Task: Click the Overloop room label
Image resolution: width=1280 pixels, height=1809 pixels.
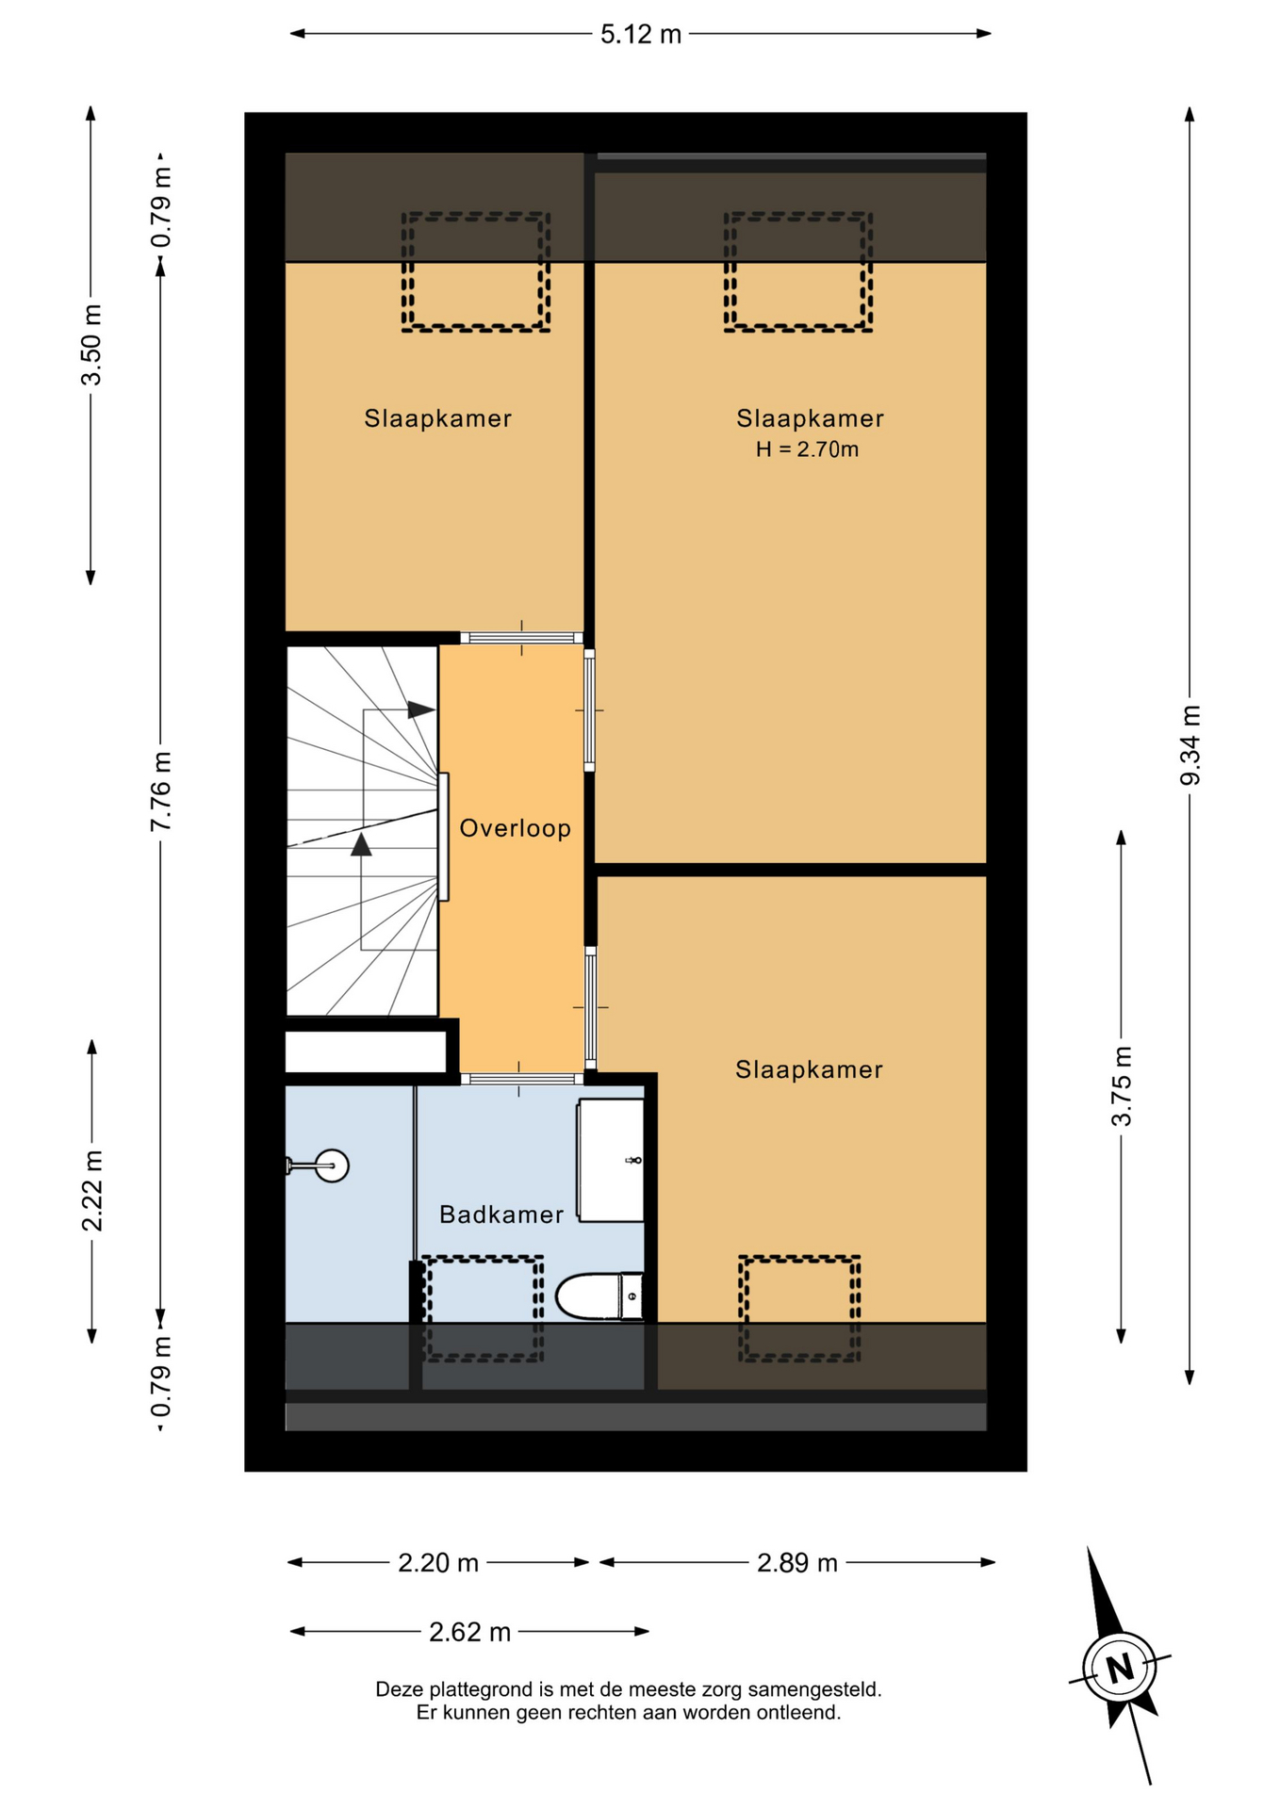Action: [515, 828]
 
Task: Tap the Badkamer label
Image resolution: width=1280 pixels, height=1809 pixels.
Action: [501, 1214]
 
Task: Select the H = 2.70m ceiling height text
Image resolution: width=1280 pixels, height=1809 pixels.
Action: [808, 449]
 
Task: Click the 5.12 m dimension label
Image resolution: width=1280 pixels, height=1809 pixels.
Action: [641, 34]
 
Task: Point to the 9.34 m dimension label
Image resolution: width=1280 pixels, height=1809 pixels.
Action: [1190, 744]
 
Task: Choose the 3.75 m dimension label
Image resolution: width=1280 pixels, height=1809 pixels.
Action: [1122, 1086]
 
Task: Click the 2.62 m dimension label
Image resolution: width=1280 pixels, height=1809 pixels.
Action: [469, 1632]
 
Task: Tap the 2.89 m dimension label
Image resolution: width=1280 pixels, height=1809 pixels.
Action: [797, 1563]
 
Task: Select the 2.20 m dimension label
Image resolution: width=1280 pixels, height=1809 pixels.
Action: [438, 1563]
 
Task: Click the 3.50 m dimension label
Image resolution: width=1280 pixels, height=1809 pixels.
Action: [91, 345]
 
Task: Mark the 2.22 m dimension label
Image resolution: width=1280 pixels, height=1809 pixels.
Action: [91, 1191]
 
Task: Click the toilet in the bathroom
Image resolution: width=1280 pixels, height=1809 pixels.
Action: [599, 1296]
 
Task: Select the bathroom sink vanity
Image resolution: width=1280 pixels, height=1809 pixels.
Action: [611, 1160]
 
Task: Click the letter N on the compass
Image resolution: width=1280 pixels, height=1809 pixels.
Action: [1120, 1669]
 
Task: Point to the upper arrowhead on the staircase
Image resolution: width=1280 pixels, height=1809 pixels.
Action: [421, 709]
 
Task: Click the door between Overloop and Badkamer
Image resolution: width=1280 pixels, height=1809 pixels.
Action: [521, 1079]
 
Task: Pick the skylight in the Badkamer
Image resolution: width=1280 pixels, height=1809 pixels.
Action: [483, 1308]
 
